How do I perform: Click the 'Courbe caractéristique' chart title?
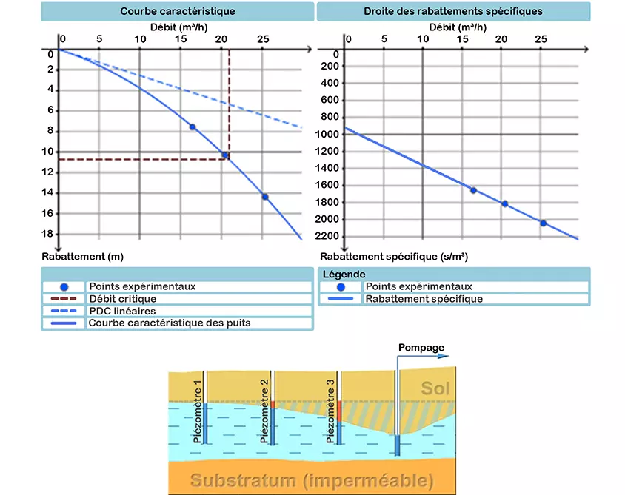(x=178, y=11)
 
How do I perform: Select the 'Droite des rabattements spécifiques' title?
(x=453, y=11)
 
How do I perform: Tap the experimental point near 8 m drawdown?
(x=193, y=127)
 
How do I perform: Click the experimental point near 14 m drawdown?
(x=265, y=197)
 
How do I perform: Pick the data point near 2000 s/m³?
(x=544, y=223)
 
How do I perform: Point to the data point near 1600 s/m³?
(x=473, y=190)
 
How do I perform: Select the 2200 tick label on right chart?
(x=327, y=236)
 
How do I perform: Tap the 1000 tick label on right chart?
(x=327, y=134)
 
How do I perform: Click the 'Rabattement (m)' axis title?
(x=82, y=257)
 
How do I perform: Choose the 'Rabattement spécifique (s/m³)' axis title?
(x=394, y=257)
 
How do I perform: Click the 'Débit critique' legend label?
(x=123, y=299)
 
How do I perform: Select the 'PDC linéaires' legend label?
(x=122, y=311)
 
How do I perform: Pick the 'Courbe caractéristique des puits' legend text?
(x=170, y=323)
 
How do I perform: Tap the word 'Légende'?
(x=344, y=275)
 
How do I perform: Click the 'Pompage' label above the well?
(x=421, y=348)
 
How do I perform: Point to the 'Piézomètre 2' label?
(x=264, y=411)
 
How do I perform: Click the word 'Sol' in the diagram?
(x=435, y=388)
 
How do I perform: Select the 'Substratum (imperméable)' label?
(x=312, y=480)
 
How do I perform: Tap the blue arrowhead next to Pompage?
(x=444, y=356)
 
